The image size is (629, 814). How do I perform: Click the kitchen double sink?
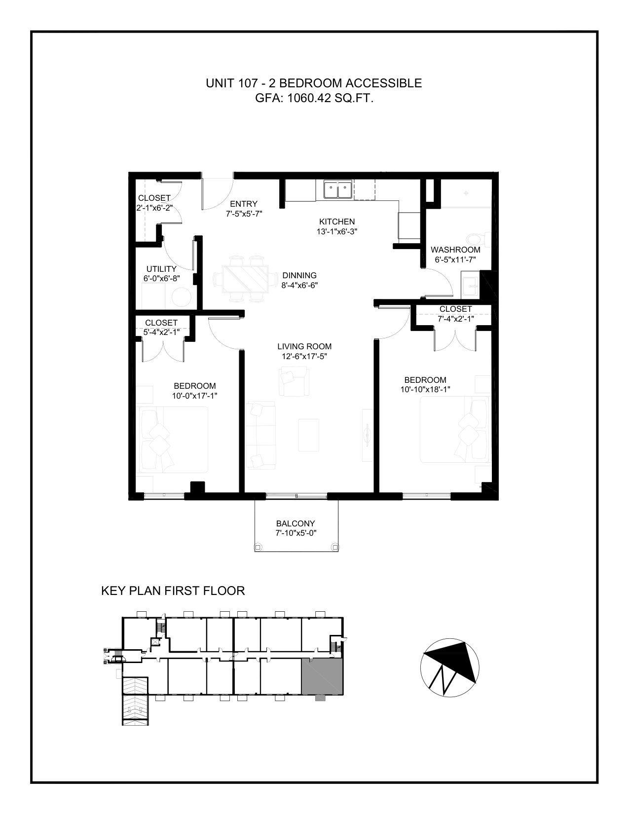(338, 189)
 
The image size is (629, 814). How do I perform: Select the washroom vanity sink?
(470, 287)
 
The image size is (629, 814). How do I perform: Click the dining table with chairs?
(245, 279)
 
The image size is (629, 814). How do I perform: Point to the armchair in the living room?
(294, 382)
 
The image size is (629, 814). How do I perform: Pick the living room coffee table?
(309, 435)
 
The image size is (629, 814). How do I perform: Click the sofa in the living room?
(260, 435)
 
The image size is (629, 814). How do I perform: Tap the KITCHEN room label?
(337, 222)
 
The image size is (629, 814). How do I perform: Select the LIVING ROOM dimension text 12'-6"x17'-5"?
(304, 356)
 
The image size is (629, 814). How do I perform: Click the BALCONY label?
(296, 523)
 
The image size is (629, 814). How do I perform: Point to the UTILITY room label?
(161, 269)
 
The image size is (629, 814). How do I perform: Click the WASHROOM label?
(455, 250)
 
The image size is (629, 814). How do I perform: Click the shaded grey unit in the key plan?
(322, 676)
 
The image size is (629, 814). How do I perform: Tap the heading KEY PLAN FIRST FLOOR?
(173, 591)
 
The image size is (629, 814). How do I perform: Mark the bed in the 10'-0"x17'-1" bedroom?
(174, 440)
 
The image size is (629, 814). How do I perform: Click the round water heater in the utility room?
(182, 297)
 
